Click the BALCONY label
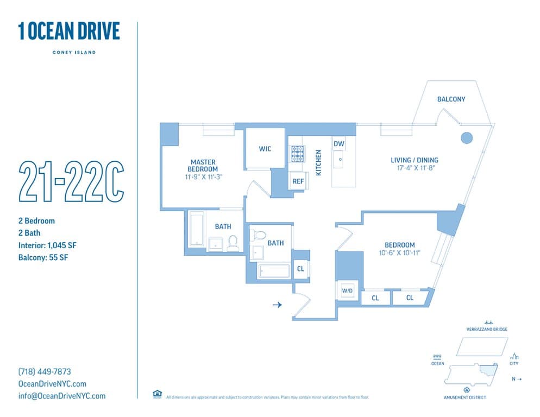point(451,99)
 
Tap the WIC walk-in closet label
point(265,149)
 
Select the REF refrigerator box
point(298,181)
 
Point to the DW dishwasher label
point(338,144)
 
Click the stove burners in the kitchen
point(297,154)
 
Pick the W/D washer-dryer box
point(347,292)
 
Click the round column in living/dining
point(466,138)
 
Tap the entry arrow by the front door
point(277,305)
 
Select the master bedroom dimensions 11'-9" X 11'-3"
point(203,176)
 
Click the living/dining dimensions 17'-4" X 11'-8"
point(415,168)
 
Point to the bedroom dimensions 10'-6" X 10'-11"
point(400,252)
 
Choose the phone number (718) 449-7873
point(45,372)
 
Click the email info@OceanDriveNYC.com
point(62,396)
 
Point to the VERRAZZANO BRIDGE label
point(487,330)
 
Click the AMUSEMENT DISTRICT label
point(465,397)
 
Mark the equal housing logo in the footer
point(157,394)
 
